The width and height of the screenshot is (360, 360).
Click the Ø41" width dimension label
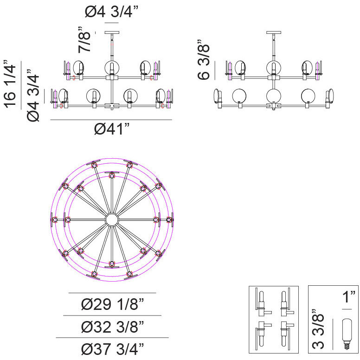tap(112, 129)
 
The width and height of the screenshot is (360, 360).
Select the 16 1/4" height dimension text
tap(10, 84)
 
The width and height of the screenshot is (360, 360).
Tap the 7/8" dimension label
tap(84, 40)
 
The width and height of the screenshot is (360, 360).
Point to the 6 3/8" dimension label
tap(204, 60)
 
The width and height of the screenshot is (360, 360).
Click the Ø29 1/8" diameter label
tap(112, 304)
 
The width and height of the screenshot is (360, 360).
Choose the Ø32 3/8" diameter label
tap(112, 327)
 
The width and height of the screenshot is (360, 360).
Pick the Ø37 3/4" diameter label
tap(112, 349)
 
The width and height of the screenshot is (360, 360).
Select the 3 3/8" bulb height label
tap(318, 329)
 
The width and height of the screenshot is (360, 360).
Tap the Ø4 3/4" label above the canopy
tap(112, 12)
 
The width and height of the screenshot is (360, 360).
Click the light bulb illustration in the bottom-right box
tap(347, 334)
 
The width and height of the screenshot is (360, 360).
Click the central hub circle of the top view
tap(112, 220)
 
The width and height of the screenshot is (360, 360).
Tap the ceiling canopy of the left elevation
tap(112, 32)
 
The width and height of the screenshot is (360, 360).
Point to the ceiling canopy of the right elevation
tap(274, 32)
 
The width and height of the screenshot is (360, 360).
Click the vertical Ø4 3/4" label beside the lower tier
tap(33, 95)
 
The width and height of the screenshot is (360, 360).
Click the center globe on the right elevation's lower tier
tap(274, 96)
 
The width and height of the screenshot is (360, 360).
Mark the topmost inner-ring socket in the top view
tap(112, 176)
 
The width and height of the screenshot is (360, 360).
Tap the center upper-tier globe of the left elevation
tap(112, 68)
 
